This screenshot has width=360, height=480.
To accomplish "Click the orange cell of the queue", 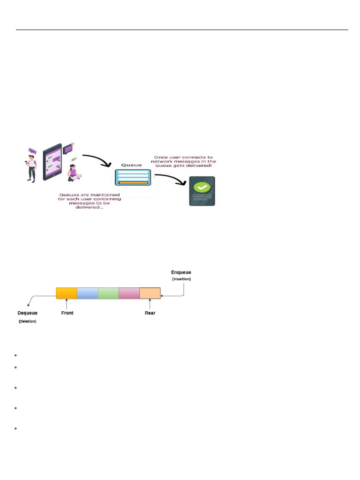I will pos(66,293).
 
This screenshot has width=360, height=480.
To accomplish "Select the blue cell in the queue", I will pos(87,293).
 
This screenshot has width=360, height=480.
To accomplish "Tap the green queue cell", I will pos(108,293).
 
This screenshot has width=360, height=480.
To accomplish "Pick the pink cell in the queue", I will pos(129,293).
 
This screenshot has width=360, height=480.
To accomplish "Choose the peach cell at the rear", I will pos(150,293).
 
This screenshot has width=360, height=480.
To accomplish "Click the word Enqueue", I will pos(181,272).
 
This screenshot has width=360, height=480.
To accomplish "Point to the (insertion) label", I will pos(181,279).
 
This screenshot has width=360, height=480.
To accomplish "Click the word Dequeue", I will pos(27,313).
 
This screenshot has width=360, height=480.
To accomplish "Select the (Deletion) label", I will pos(27,322).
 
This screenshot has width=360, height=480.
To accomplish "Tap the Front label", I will pos(67,313).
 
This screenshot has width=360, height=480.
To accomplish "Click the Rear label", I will pos(150,313).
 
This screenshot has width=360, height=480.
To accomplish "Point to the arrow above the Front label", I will pos(67,304).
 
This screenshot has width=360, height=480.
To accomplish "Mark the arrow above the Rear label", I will pos(150,304).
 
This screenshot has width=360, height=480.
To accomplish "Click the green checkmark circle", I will pos(202,187).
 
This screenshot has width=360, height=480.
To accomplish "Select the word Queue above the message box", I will pos(132,165).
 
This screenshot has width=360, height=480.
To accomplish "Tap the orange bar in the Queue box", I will pos(133,182).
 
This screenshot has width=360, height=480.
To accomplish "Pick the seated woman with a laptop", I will pos(73,172).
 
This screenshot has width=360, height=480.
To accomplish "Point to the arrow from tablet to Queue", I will pos(97,160).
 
